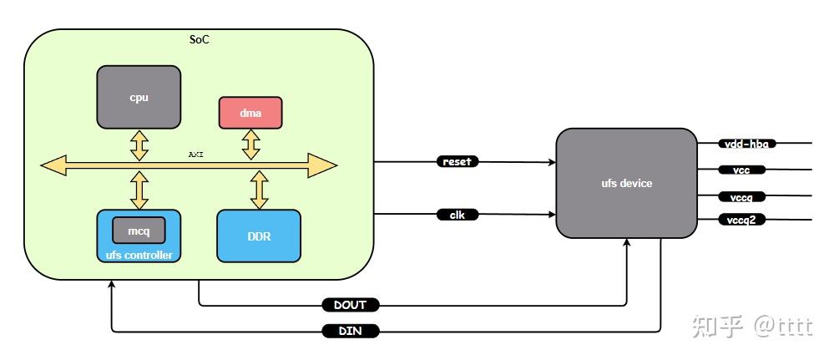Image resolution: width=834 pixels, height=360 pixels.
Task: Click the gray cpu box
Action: pos(139,97)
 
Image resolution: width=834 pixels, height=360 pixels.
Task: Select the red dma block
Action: pos(250,113)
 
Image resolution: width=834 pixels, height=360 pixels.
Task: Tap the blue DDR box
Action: pos(259,236)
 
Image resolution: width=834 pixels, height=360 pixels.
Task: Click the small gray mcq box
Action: pos(139,230)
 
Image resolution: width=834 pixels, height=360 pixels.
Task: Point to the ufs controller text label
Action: pos(139,254)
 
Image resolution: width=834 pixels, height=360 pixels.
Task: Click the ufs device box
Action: pos(626,183)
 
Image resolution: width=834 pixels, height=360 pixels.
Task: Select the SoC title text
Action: pos(200,39)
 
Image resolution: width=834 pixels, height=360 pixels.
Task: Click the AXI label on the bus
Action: pos(195,155)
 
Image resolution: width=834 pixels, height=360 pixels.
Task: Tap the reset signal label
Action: pos(457,161)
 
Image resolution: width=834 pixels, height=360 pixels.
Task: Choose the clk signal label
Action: pos(457,215)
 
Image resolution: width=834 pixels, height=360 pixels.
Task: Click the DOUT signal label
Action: pos(351,305)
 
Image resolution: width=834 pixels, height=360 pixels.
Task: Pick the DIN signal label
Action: pos(351,332)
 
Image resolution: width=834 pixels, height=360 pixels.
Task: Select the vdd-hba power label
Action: pos(747,144)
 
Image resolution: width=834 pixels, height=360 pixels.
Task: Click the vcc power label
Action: pos(741,170)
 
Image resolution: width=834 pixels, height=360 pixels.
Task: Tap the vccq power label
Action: pos(741,197)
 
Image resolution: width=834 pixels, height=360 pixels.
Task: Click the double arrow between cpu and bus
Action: pos(139,144)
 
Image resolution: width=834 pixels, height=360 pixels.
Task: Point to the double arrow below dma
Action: pos(250,144)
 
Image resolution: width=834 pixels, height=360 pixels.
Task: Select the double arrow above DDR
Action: pos(260,190)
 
